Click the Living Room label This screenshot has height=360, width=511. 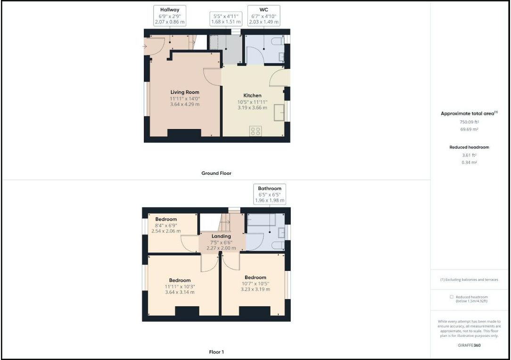click(185, 92)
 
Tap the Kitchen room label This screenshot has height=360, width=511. click(252, 96)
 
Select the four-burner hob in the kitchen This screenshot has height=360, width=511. click(256, 131)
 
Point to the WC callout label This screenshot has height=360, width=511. click(264, 16)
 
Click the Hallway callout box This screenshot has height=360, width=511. click(169, 16)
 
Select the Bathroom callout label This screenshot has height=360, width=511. click(270, 194)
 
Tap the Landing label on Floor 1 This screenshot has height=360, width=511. click(221, 236)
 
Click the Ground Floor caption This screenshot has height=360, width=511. click(216, 173)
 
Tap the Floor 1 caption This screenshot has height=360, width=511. click(216, 352)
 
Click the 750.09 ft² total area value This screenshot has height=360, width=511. click(469, 122)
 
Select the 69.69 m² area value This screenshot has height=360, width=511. click(469, 129)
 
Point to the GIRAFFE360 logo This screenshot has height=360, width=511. click(469, 345)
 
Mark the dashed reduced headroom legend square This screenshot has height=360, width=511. click(451, 297)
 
